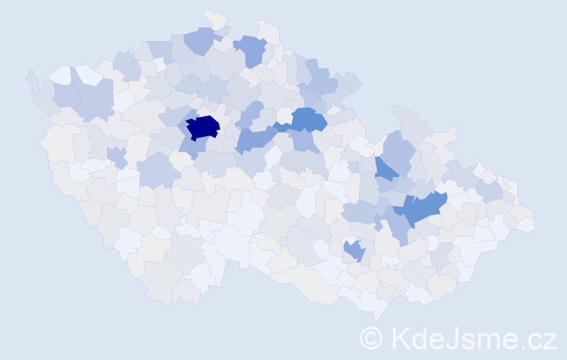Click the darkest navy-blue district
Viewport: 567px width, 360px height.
tap(203, 127)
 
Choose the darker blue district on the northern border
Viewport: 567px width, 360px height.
tap(250, 50)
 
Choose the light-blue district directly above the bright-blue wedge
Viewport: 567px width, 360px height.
tap(396, 148)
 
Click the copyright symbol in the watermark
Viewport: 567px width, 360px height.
tap(371, 337)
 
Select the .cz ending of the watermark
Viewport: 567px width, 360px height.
tap(540, 337)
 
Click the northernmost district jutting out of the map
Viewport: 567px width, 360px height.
tap(214, 18)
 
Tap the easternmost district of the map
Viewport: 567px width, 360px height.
tap(529, 224)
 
